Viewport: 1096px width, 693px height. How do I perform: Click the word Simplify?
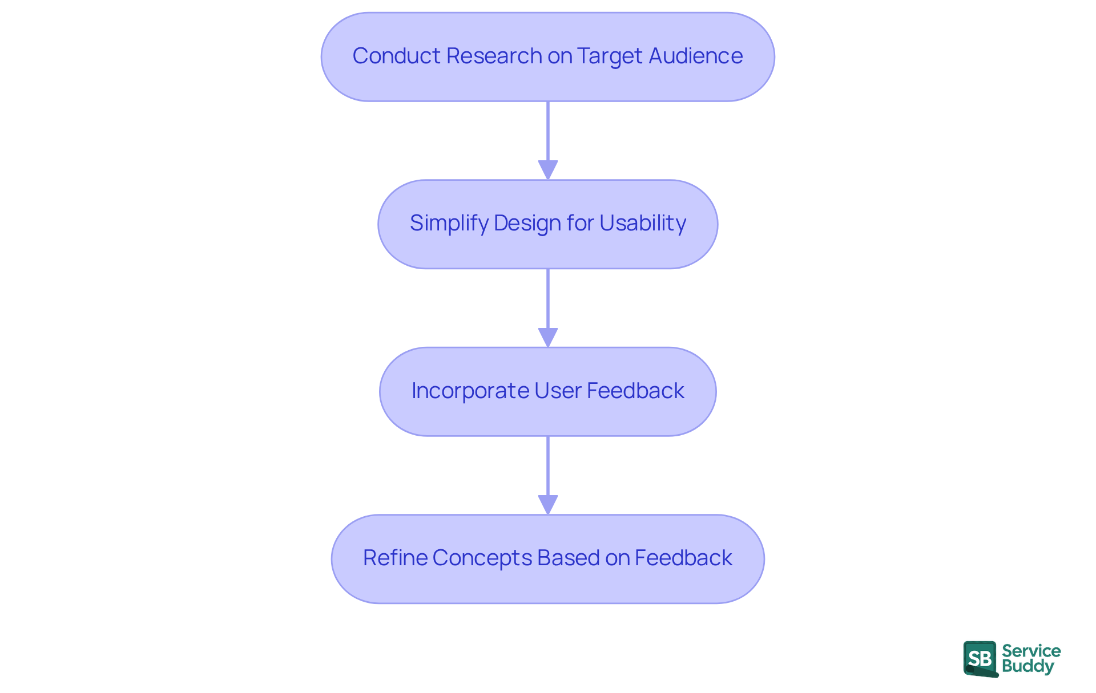pos(449,224)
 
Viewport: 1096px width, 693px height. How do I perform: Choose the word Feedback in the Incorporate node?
pos(635,391)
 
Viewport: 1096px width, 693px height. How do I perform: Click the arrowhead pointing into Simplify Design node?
pos(548,170)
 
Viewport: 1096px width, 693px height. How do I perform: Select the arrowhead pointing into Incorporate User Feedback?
pos(548,337)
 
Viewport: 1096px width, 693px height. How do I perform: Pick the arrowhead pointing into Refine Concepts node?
pos(548,504)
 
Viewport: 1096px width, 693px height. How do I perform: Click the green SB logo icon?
pos(980,659)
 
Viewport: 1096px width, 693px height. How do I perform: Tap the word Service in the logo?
pos(1031,651)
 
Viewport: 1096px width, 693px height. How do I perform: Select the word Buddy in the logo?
pos(1027,666)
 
